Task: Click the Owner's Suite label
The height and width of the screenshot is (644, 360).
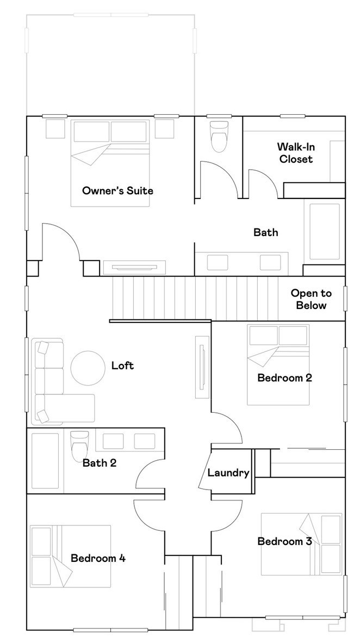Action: tap(117, 191)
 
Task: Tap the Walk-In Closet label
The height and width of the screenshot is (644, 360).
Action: tap(295, 153)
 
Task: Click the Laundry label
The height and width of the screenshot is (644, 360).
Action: tap(228, 473)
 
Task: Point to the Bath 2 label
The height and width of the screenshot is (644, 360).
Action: tap(100, 463)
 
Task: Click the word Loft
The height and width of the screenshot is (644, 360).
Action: tap(122, 366)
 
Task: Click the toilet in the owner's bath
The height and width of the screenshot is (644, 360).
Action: tap(220, 137)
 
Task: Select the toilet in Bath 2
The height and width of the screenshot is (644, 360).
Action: tap(79, 445)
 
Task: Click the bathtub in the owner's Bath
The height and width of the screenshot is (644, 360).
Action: tap(324, 232)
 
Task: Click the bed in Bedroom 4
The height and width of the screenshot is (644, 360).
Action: tap(71, 555)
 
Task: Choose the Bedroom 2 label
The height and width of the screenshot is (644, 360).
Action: tap(284, 377)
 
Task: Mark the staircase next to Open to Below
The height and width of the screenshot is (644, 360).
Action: tap(196, 298)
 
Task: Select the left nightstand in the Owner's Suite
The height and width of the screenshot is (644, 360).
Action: tap(55, 128)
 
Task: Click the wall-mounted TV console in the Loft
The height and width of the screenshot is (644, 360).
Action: tap(202, 367)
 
